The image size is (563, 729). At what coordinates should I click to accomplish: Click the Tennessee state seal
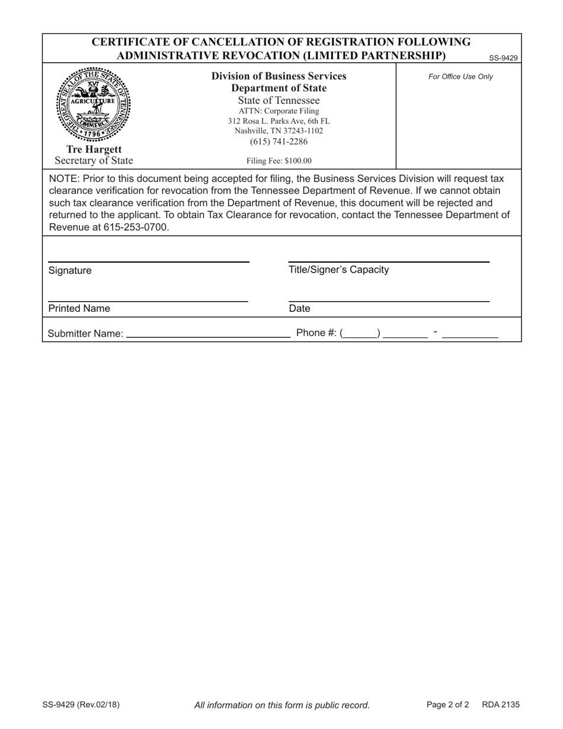94,104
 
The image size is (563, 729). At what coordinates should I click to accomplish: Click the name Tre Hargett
94,149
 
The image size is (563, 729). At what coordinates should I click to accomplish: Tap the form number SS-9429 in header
503,58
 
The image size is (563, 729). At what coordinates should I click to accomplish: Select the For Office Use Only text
460,76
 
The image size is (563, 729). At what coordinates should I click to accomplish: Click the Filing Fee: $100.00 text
279,161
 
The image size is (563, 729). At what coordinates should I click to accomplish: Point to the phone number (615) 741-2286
279,141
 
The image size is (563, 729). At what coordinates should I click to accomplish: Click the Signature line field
148,256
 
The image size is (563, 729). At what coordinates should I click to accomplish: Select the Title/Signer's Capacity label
338,270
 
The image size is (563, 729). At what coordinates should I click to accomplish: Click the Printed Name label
79,309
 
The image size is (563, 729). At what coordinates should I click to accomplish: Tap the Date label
299,309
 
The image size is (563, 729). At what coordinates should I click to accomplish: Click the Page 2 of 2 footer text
447,705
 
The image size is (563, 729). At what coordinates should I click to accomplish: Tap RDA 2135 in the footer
501,705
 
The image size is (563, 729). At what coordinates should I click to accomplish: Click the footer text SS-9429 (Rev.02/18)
81,705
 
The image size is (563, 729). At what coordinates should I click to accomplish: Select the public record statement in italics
281,705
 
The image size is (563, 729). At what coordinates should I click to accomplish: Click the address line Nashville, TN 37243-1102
279,130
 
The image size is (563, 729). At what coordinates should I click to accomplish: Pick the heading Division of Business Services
279,76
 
